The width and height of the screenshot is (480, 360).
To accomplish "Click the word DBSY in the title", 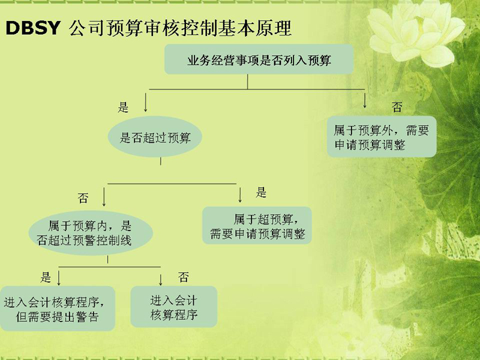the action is (33, 28).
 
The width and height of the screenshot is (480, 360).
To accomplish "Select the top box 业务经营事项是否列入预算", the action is (259, 59).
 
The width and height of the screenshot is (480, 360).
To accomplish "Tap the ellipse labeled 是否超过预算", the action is (155, 137).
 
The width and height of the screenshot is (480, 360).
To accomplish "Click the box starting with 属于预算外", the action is (382, 137).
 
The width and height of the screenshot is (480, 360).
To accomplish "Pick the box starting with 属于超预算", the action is (257, 226).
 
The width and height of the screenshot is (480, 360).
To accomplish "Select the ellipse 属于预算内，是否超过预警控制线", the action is (91, 233).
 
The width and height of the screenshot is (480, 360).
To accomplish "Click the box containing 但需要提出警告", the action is (57, 308).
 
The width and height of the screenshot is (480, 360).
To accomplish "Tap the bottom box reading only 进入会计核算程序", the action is (174, 307).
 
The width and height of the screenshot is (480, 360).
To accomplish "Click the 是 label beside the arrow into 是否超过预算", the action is (123, 107).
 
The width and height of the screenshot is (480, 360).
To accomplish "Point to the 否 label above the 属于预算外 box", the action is (397, 107).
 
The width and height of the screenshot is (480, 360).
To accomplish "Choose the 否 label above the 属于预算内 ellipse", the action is (83, 198).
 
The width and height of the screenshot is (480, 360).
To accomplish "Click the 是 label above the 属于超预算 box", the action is (261, 192).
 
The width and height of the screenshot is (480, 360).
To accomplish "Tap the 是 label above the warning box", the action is (46, 277).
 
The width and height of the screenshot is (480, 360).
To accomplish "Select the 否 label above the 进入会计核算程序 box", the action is (184, 277).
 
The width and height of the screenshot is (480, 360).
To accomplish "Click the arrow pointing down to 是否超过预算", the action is (146, 102).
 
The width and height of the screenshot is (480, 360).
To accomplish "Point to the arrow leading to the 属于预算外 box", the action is (365, 100).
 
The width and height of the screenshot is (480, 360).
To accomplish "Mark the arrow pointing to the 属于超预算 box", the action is (240, 195).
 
